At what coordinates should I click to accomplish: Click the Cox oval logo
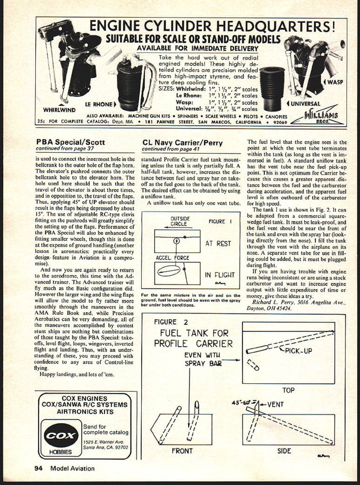(x=61, y=436)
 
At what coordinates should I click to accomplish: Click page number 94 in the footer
(x=38, y=468)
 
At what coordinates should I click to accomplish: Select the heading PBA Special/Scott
(x=70, y=142)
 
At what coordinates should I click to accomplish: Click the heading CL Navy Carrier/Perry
(x=182, y=142)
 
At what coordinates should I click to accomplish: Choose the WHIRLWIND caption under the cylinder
(x=59, y=110)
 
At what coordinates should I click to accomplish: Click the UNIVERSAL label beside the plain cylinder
(x=304, y=104)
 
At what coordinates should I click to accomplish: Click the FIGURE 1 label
(x=220, y=221)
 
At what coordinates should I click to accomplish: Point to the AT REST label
(x=218, y=243)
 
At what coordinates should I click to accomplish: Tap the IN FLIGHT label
(x=220, y=275)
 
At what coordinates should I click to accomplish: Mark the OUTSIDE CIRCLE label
(x=180, y=221)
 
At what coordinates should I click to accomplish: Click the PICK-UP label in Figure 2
(x=298, y=351)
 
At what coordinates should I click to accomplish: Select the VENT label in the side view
(x=275, y=404)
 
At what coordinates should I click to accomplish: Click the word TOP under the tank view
(x=288, y=390)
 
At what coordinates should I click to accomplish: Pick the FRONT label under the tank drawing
(x=182, y=451)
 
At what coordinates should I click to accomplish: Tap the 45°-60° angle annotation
(x=242, y=402)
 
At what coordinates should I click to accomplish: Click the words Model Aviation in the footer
(x=72, y=468)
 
